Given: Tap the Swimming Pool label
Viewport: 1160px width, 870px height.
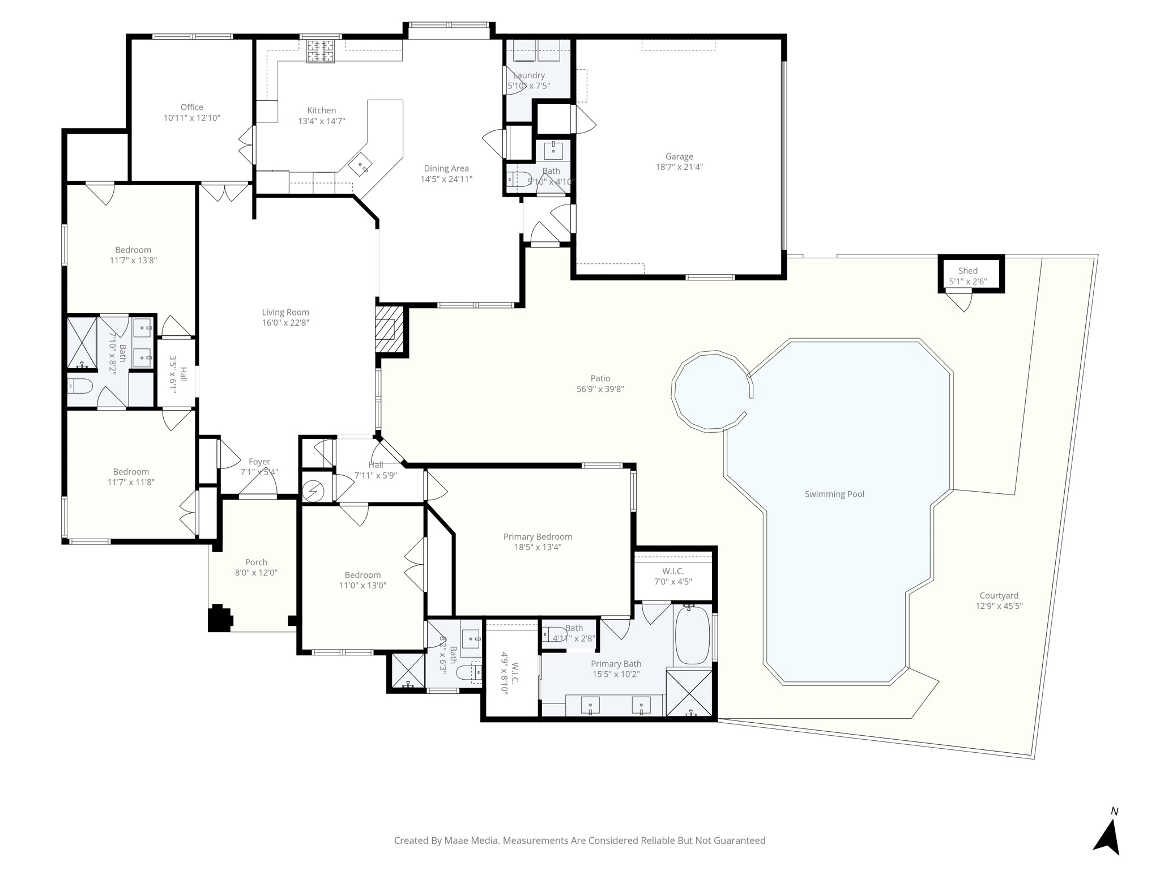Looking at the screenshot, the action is [x=834, y=494].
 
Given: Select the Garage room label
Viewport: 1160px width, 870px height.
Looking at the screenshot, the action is [x=679, y=156].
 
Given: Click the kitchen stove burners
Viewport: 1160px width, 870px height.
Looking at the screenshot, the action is [x=321, y=51].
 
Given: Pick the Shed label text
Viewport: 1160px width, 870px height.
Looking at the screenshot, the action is [x=968, y=271].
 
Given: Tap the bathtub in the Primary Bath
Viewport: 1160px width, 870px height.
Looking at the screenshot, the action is [x=692, y=634].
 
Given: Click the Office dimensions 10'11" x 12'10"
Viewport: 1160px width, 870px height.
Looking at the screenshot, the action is [x=191, y=118].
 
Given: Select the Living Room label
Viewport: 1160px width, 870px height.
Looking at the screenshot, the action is [x=285, y=312].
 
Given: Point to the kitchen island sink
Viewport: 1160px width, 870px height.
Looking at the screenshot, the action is [x=361, y=165].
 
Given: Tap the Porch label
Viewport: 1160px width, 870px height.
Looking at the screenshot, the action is [x=256, y=562].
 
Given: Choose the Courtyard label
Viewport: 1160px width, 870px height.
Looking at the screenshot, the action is [x=999, y=595].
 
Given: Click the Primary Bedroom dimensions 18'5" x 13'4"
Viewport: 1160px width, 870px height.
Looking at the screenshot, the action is [x=538, y=547].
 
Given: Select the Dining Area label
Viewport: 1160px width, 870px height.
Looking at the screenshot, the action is [x=446, y=168].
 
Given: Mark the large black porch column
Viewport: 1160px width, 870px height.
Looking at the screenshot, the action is [x=220, y=618].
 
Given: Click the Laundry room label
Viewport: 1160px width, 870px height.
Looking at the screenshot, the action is [x=528, y=75].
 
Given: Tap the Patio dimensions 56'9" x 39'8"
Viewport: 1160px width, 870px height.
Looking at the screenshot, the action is [x=600, y=389].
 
